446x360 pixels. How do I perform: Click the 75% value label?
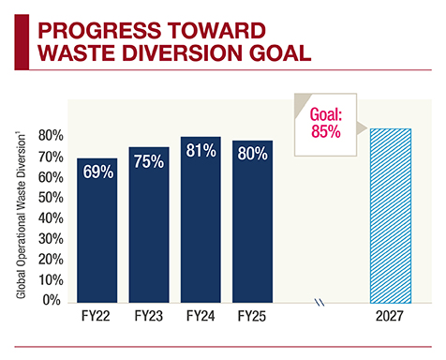pos(148,161)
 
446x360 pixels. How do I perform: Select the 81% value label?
pos(201,150)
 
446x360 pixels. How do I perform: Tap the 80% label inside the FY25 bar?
pos(253,154)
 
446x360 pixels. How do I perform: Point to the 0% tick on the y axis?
pos(52,301)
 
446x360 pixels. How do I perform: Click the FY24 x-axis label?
pos(201,317)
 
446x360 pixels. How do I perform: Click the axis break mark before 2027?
pos(320,302)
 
